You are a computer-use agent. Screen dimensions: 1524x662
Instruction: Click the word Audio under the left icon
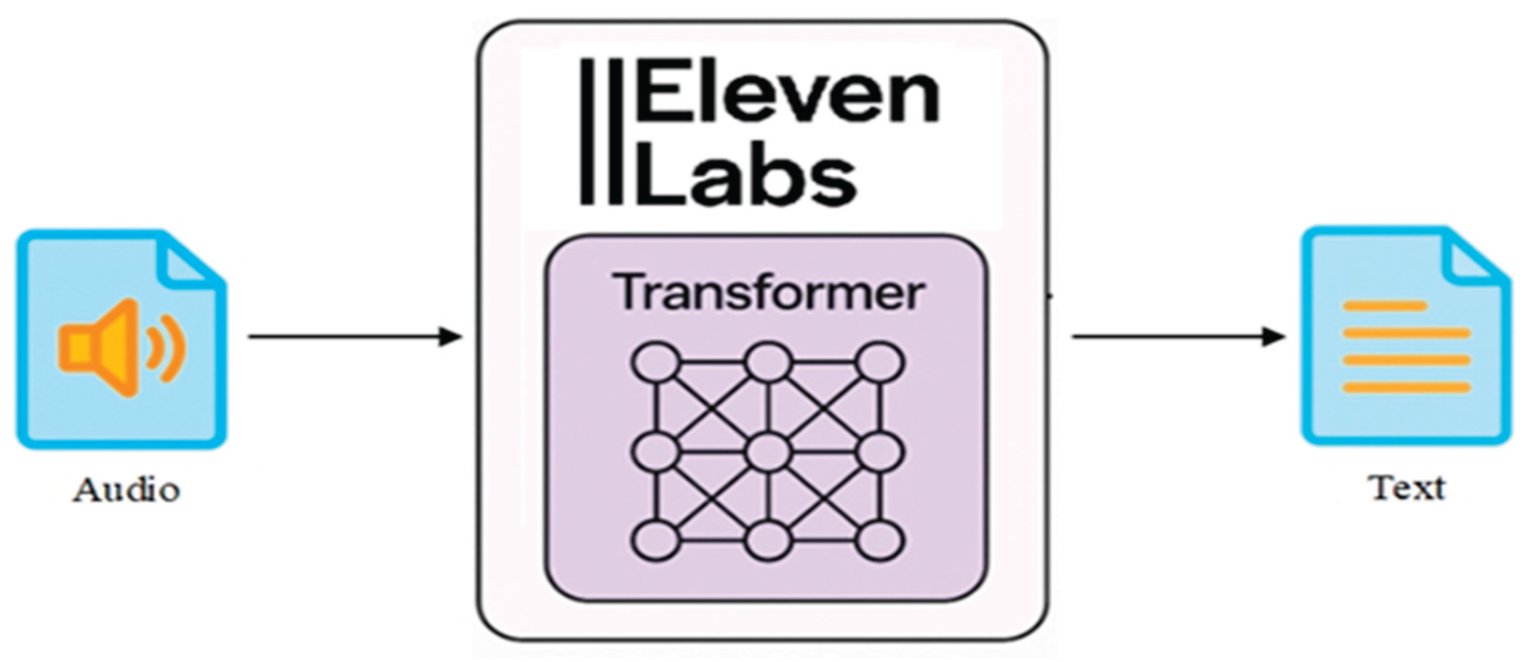tap(126, 490)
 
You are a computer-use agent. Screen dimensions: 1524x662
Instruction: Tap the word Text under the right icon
tap(1408, 489)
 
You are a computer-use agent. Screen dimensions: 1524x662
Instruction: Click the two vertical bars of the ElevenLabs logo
tap(601, 131)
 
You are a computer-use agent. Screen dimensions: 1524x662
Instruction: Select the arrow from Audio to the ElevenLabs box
tap(355, 337)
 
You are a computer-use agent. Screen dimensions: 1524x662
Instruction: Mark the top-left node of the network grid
tap(655, 362)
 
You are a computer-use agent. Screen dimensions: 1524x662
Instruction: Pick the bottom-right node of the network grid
tap(881, 540)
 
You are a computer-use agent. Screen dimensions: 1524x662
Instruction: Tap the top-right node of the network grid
tap(881, 362)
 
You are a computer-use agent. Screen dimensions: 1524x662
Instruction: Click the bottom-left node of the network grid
tap(655, 540)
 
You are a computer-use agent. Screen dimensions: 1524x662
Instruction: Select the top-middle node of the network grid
tap(768, 362)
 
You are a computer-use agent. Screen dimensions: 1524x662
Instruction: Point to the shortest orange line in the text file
tap(1385, 306)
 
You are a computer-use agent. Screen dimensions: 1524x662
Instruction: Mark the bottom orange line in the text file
tap(1407, 388)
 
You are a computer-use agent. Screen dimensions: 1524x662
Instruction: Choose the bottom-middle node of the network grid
tap(768, 540)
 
